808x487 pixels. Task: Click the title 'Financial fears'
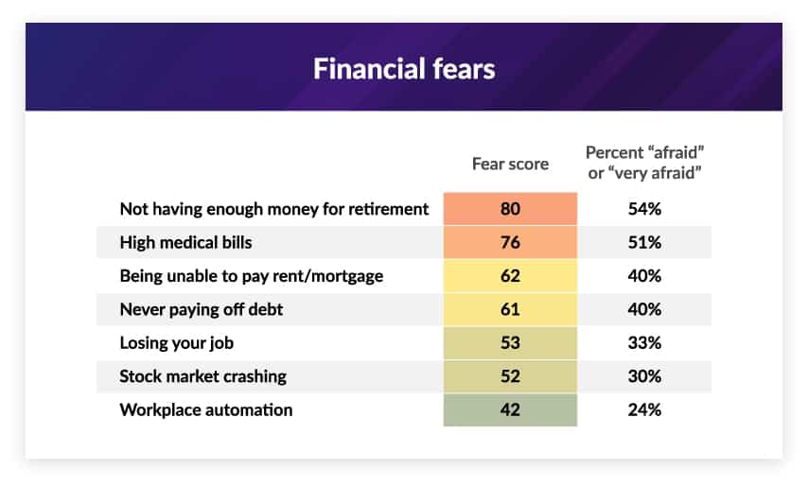coord(404,69)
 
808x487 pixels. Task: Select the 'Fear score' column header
coord(510,164)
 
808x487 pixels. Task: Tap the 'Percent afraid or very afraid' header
coord(644,163)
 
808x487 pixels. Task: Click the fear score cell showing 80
coord(510,208)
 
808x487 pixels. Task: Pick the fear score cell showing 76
coord(510,242)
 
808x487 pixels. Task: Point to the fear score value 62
coord(510,276)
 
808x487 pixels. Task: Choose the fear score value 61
coord(510,309)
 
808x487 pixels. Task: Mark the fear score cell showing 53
coord(510,343)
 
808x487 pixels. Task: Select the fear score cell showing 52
coord(510,376)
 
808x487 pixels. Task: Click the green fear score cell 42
coord(510,409)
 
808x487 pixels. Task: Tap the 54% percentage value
coord(644,208)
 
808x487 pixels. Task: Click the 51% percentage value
coord(644,242)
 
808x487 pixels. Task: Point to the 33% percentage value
coord(644,343)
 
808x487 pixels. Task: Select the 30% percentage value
coord(644,376)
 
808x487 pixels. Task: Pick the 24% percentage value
coord(644,409)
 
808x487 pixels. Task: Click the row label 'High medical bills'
coord(186,242)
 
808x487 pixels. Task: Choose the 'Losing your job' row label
coord(177,343)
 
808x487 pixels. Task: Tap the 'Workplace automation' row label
coord(206,409)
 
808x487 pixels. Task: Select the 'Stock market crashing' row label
coord(203,376)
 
